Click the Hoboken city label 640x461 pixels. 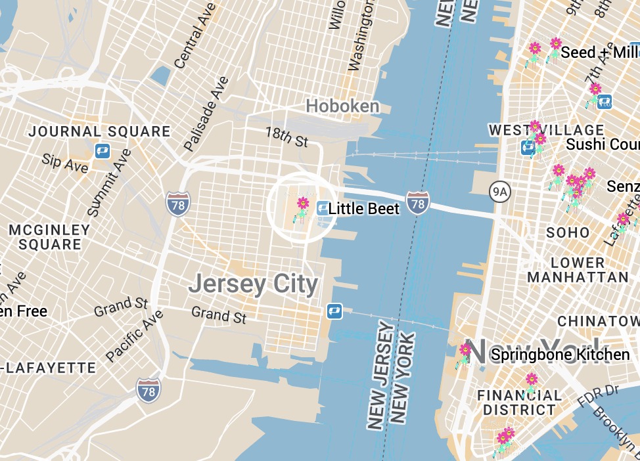click(342, 106)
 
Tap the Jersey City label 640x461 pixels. click(253, 284)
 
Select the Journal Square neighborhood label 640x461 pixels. click(99, 131)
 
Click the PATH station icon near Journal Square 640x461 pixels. click(102, 151)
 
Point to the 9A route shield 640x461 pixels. click(500, 191)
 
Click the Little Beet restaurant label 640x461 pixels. click(363, 209)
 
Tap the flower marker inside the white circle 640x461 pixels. click(302, 205)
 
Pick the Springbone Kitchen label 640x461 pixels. click(560, 355)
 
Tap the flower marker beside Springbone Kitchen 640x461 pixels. click(465, 351)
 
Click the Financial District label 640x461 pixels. click(519, 403)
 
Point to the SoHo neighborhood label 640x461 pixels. click(568, 232)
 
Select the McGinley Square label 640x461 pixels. click(49, 237)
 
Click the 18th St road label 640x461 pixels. click(286, 137)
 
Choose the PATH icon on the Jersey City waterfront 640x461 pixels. click(334, 311)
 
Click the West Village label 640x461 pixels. click(546, 129)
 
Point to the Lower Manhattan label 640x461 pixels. click(578, 269)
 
